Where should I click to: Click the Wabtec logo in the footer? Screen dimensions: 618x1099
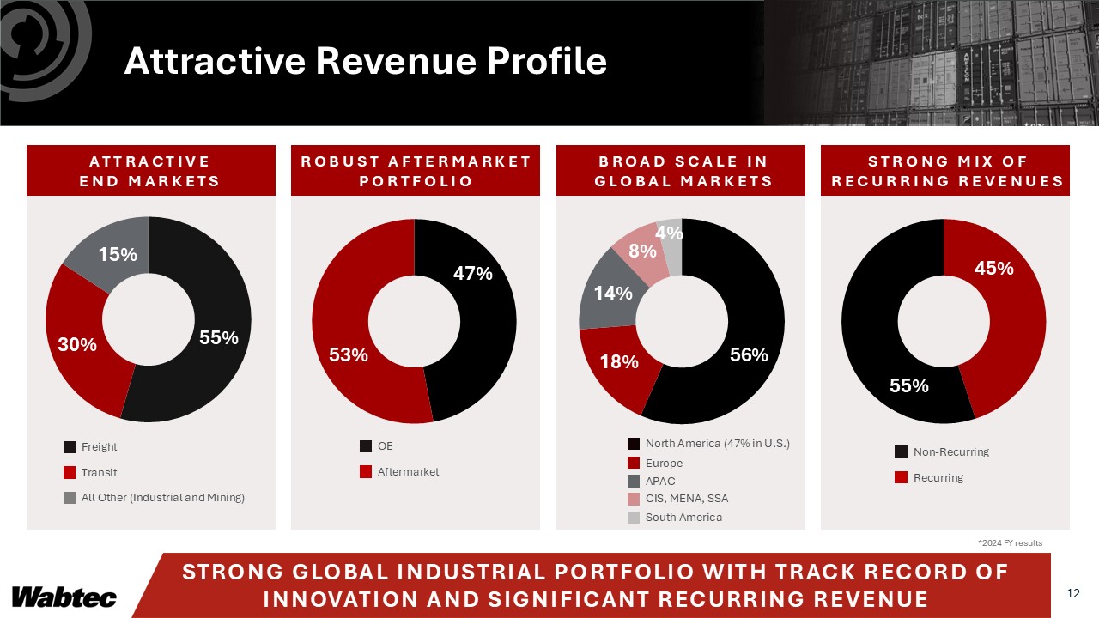(x=64, y=597)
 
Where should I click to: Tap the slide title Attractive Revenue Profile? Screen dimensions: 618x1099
(x=365, y=61)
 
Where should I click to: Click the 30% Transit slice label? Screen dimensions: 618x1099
(x=77, y=344)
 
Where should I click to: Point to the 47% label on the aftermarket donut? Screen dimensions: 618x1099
(x=473, y=274)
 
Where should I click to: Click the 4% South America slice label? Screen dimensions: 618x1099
(x=669, y=233)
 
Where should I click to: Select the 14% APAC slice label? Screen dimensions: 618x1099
(x=614, y=293)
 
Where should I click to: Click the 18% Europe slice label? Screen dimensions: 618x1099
(x=619, y=362)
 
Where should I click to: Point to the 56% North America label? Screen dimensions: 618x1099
(x=749, y=354)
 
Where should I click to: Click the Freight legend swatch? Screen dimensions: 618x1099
(x=70, y=447)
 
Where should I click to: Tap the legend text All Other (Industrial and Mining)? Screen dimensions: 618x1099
(x=162, y=499)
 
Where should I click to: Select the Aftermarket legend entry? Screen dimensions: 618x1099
(x=408, y=472)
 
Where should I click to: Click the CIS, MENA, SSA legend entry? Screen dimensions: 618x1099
(x=686, y=498)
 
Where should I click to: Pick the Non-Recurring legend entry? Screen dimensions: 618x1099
(x=950, y=452)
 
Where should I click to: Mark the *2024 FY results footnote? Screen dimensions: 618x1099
(x=1010, y=543)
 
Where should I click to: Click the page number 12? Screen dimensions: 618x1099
(x=1072, y=593)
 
